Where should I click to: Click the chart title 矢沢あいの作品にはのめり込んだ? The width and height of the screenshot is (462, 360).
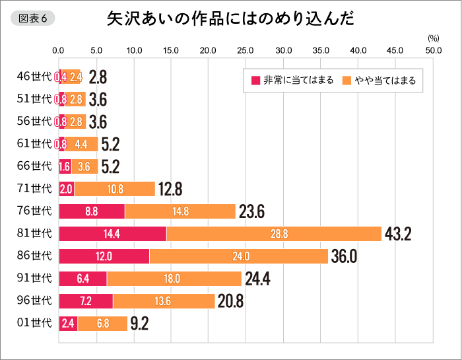[230, 18]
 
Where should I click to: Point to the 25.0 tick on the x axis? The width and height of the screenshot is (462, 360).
[246, 50]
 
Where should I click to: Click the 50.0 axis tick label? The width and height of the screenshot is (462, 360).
[433, 50]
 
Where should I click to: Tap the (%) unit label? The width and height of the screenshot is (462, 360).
[433, 39]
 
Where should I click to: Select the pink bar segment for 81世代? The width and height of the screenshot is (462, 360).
[112, 234]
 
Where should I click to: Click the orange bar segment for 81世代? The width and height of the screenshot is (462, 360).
[274, 234]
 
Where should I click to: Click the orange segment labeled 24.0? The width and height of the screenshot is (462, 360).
[238, 256]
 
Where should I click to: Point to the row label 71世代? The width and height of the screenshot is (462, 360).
[34, 189]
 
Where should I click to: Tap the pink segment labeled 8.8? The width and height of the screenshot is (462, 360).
[92, 211]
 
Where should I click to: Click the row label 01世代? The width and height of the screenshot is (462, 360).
[34, 324]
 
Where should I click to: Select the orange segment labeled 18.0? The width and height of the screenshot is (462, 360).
[174, 279]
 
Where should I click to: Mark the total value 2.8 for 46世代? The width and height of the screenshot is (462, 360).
[98, 77]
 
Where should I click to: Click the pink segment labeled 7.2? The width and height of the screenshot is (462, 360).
[86, 301]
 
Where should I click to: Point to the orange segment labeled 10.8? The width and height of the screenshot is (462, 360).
[114, 189]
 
